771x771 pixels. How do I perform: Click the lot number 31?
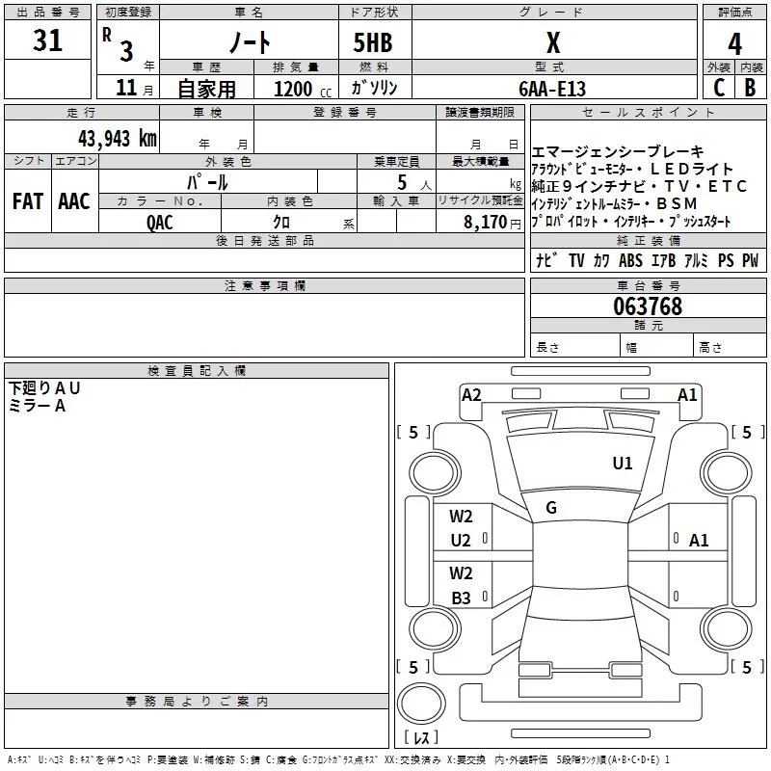coord(47,41)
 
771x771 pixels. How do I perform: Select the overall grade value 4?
coord(734,43)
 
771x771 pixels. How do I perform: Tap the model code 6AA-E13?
coord(551,89)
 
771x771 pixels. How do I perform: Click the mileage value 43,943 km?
coord(117,138)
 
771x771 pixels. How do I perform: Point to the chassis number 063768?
coord(648,306)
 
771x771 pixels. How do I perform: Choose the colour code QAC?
coord(160,222)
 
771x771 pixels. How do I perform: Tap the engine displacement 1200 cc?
coord(293,89)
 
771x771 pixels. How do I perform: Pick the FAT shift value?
coord(27,200)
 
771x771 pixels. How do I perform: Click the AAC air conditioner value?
coord(73,200)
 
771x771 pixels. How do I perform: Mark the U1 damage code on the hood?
coord(623,464)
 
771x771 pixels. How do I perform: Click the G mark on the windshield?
coord(551,508)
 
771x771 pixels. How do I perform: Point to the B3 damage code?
coord(461,598)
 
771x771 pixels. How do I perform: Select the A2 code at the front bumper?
coord(471,394)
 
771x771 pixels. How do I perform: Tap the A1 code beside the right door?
coord(699,541)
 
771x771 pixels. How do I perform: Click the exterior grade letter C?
coord(718,89)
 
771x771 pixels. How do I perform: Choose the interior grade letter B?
coord(750,89)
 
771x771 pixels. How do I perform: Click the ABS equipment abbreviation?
coord(630,261)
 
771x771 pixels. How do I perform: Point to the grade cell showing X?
coord(552,43)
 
